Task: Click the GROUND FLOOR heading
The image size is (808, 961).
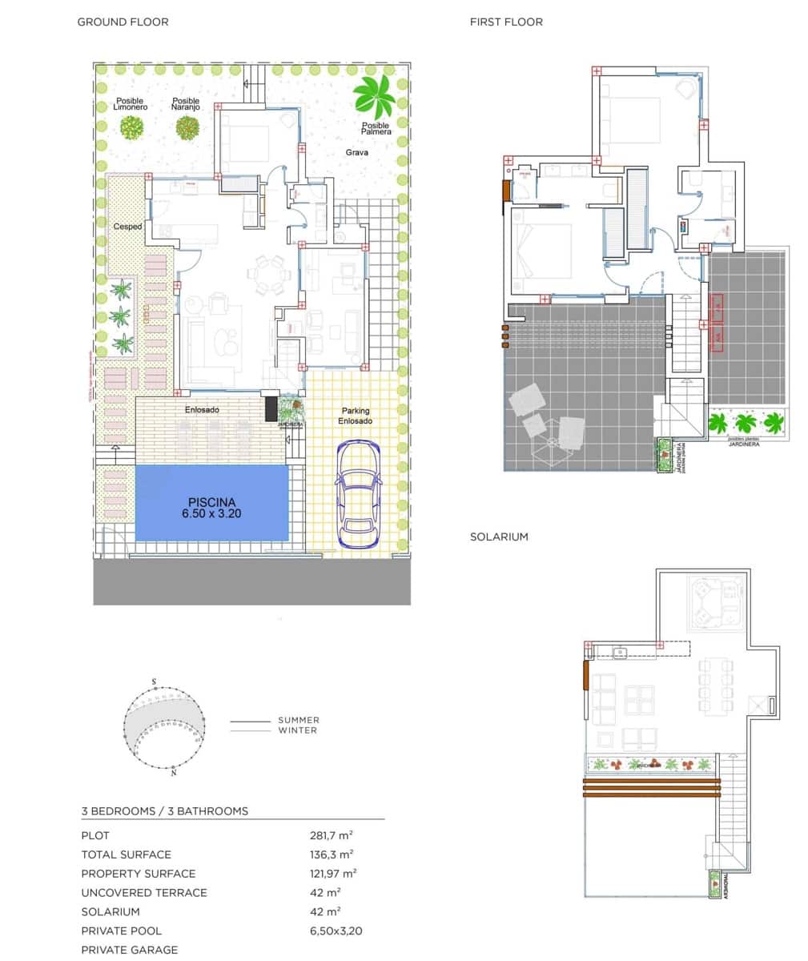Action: (x=123, y=22)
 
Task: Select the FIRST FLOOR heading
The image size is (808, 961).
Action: (x=505, y=22)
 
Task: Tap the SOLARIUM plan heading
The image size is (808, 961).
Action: (x=499, y=537)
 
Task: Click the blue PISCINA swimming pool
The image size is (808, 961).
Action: (x=211, y=503)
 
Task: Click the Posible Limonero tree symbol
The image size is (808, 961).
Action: (x=131, y=127)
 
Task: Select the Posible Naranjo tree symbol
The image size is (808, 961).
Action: (x=187, y=127)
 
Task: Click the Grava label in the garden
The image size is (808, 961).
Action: (x=357, y=152)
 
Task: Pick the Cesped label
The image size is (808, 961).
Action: (x=127, y=227)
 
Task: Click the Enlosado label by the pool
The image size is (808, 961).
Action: (x=202, y=410)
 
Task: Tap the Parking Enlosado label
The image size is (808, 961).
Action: (x=354, y=416)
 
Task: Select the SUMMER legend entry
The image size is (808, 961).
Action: (x=298, y=720)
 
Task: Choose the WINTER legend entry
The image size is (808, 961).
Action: (x=297, y=730)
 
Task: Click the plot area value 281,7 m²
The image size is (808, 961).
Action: (x=332, y=835)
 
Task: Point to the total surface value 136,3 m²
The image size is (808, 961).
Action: (x=332, y=854)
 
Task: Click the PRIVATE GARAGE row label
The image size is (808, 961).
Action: (x=130, y=950)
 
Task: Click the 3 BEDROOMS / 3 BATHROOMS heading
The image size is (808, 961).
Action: (x=165, y=811)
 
